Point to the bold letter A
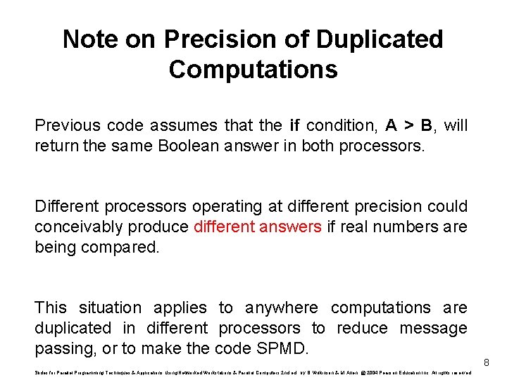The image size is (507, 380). (x=391, y=126)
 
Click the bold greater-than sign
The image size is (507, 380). (x=407, y=126)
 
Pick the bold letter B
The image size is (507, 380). (x=426, y=126)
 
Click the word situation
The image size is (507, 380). (x=110, y=308)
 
